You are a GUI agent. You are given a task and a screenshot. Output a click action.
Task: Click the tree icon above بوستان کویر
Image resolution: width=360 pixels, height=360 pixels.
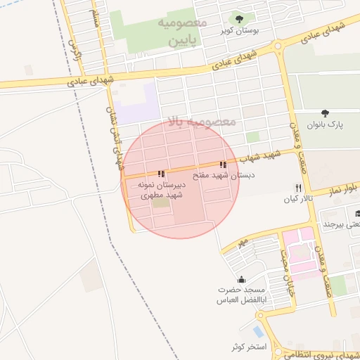click(240, 19)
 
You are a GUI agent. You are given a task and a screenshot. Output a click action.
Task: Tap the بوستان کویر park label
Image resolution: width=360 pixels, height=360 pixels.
click(236, 31)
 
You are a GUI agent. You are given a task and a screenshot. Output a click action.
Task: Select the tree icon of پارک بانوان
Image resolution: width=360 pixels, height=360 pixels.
click(324, 113)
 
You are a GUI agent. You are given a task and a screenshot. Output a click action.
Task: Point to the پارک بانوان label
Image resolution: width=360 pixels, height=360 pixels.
click(328, 124)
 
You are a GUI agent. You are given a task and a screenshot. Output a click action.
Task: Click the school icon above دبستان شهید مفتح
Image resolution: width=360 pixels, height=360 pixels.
click(224, 165)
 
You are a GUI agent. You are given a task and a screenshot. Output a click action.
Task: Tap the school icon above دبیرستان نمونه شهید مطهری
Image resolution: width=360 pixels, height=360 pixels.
click(161, 174)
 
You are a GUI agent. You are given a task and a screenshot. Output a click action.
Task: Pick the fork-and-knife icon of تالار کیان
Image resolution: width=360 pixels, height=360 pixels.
click(299, 188)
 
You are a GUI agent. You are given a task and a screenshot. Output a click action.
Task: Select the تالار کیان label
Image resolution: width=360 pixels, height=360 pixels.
click(297, 200)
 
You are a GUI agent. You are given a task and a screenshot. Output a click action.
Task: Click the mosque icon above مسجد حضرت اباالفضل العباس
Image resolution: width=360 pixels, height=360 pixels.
click(242, 279)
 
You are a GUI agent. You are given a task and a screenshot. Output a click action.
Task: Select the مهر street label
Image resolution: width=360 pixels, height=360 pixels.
click(242, 242)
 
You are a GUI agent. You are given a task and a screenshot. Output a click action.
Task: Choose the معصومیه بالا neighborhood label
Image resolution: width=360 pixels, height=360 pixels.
click(203, 122)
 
